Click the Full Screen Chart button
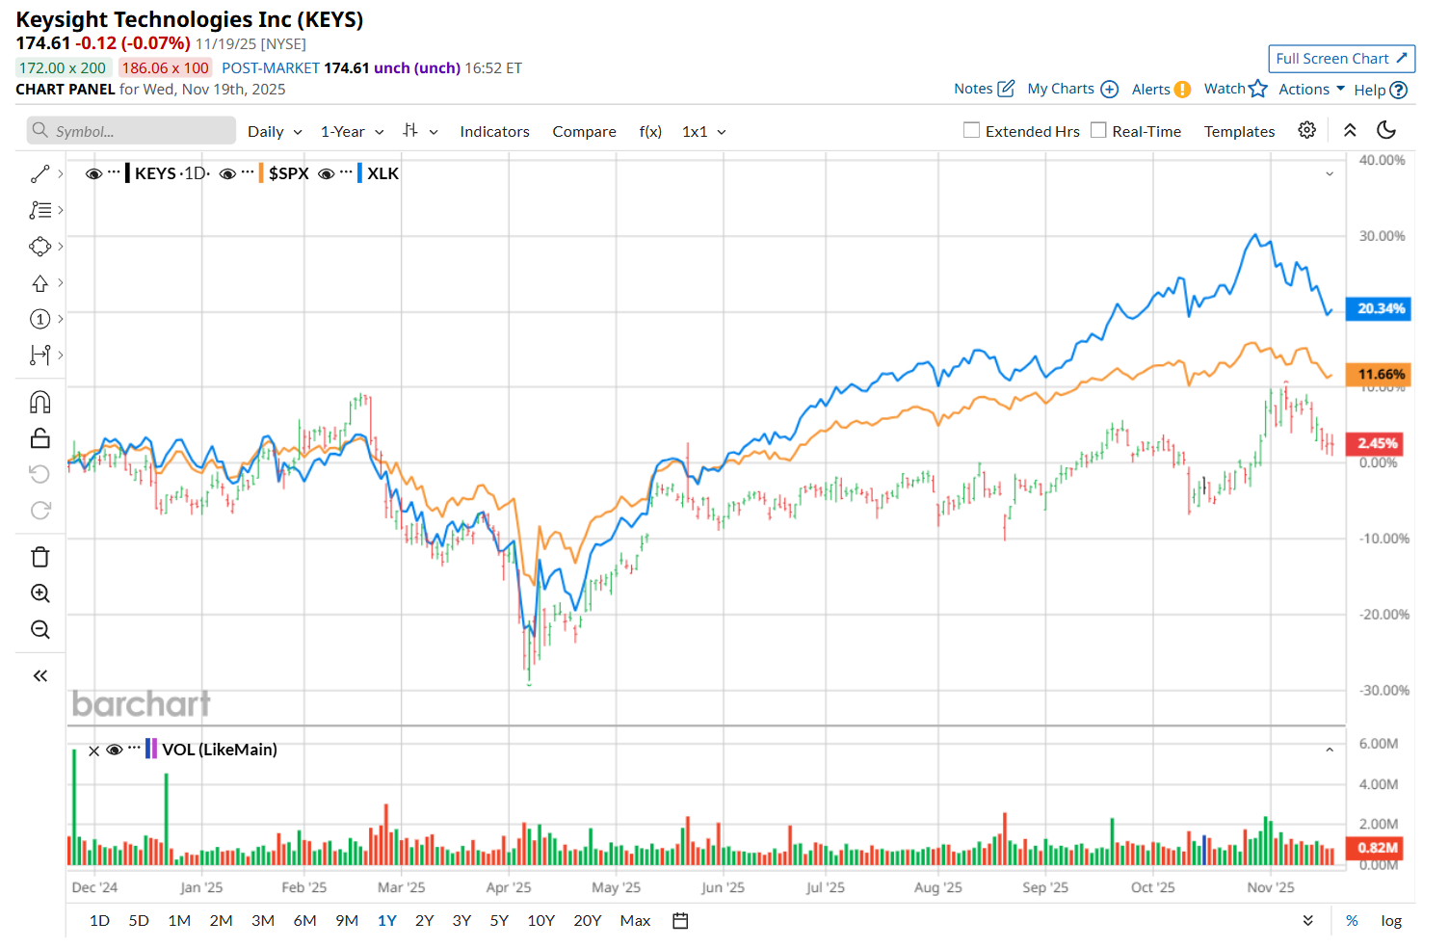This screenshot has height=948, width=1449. [1341, 59]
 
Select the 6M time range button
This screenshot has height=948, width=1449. [304, 921]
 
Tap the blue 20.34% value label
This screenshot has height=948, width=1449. [1380, 309]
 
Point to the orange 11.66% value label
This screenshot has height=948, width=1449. [1380, 375]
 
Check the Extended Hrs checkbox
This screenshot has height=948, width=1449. [972, 130]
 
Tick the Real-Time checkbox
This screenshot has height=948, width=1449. [1098, 130]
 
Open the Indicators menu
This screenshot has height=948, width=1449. [494, 132]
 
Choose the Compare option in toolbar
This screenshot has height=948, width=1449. [584, 132]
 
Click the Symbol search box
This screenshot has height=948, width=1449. [132, 131]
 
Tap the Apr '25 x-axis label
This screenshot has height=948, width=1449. [509, 887]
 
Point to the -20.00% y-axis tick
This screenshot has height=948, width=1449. [1383, 615]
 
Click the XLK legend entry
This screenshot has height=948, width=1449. [382, 173]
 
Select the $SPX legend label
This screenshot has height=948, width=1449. [288, 173]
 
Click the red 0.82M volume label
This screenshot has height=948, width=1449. [1377, 848]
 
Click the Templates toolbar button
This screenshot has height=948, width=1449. [1239, 132]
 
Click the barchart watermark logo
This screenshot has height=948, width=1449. [142, 704]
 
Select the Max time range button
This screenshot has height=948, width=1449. [635, 921]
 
